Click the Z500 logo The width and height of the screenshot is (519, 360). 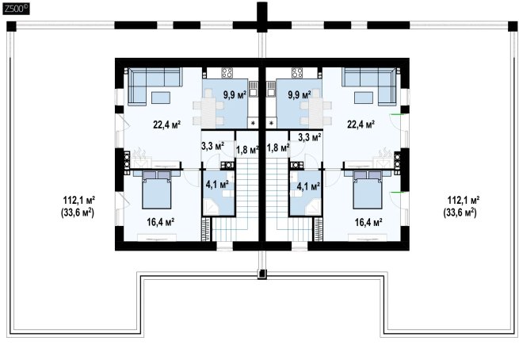[x=16, y=9]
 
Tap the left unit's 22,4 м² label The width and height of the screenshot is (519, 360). [x=167, y=124]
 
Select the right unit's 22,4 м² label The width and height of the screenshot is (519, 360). [x=361, y=124]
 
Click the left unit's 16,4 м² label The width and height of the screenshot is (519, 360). [x=161, y=222]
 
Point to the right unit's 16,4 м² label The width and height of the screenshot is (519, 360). [x=368, y=222]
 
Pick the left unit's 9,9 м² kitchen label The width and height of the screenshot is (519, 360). [x=235, y=95]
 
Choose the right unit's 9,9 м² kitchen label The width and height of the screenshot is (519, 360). [x=300, y=95]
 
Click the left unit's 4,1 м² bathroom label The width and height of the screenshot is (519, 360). [x=217, y=185]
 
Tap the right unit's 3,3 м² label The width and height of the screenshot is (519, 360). [x=310, y=137]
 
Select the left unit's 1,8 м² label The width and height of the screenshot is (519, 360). [x=247, y=150]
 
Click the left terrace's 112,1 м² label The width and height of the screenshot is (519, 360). [x=79, y=200]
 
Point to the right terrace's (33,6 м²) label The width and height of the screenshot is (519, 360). [x=460, y=213]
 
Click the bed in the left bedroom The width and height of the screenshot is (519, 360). [x=157, y=190]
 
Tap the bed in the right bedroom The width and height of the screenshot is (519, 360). [x=368, y=190]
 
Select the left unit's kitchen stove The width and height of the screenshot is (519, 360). [x=227, y=72]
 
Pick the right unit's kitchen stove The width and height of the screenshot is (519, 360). [x=297, y=72]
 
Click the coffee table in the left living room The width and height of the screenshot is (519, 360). [x=161, y=98]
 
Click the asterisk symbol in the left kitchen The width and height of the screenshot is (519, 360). [x=254, y=124]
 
